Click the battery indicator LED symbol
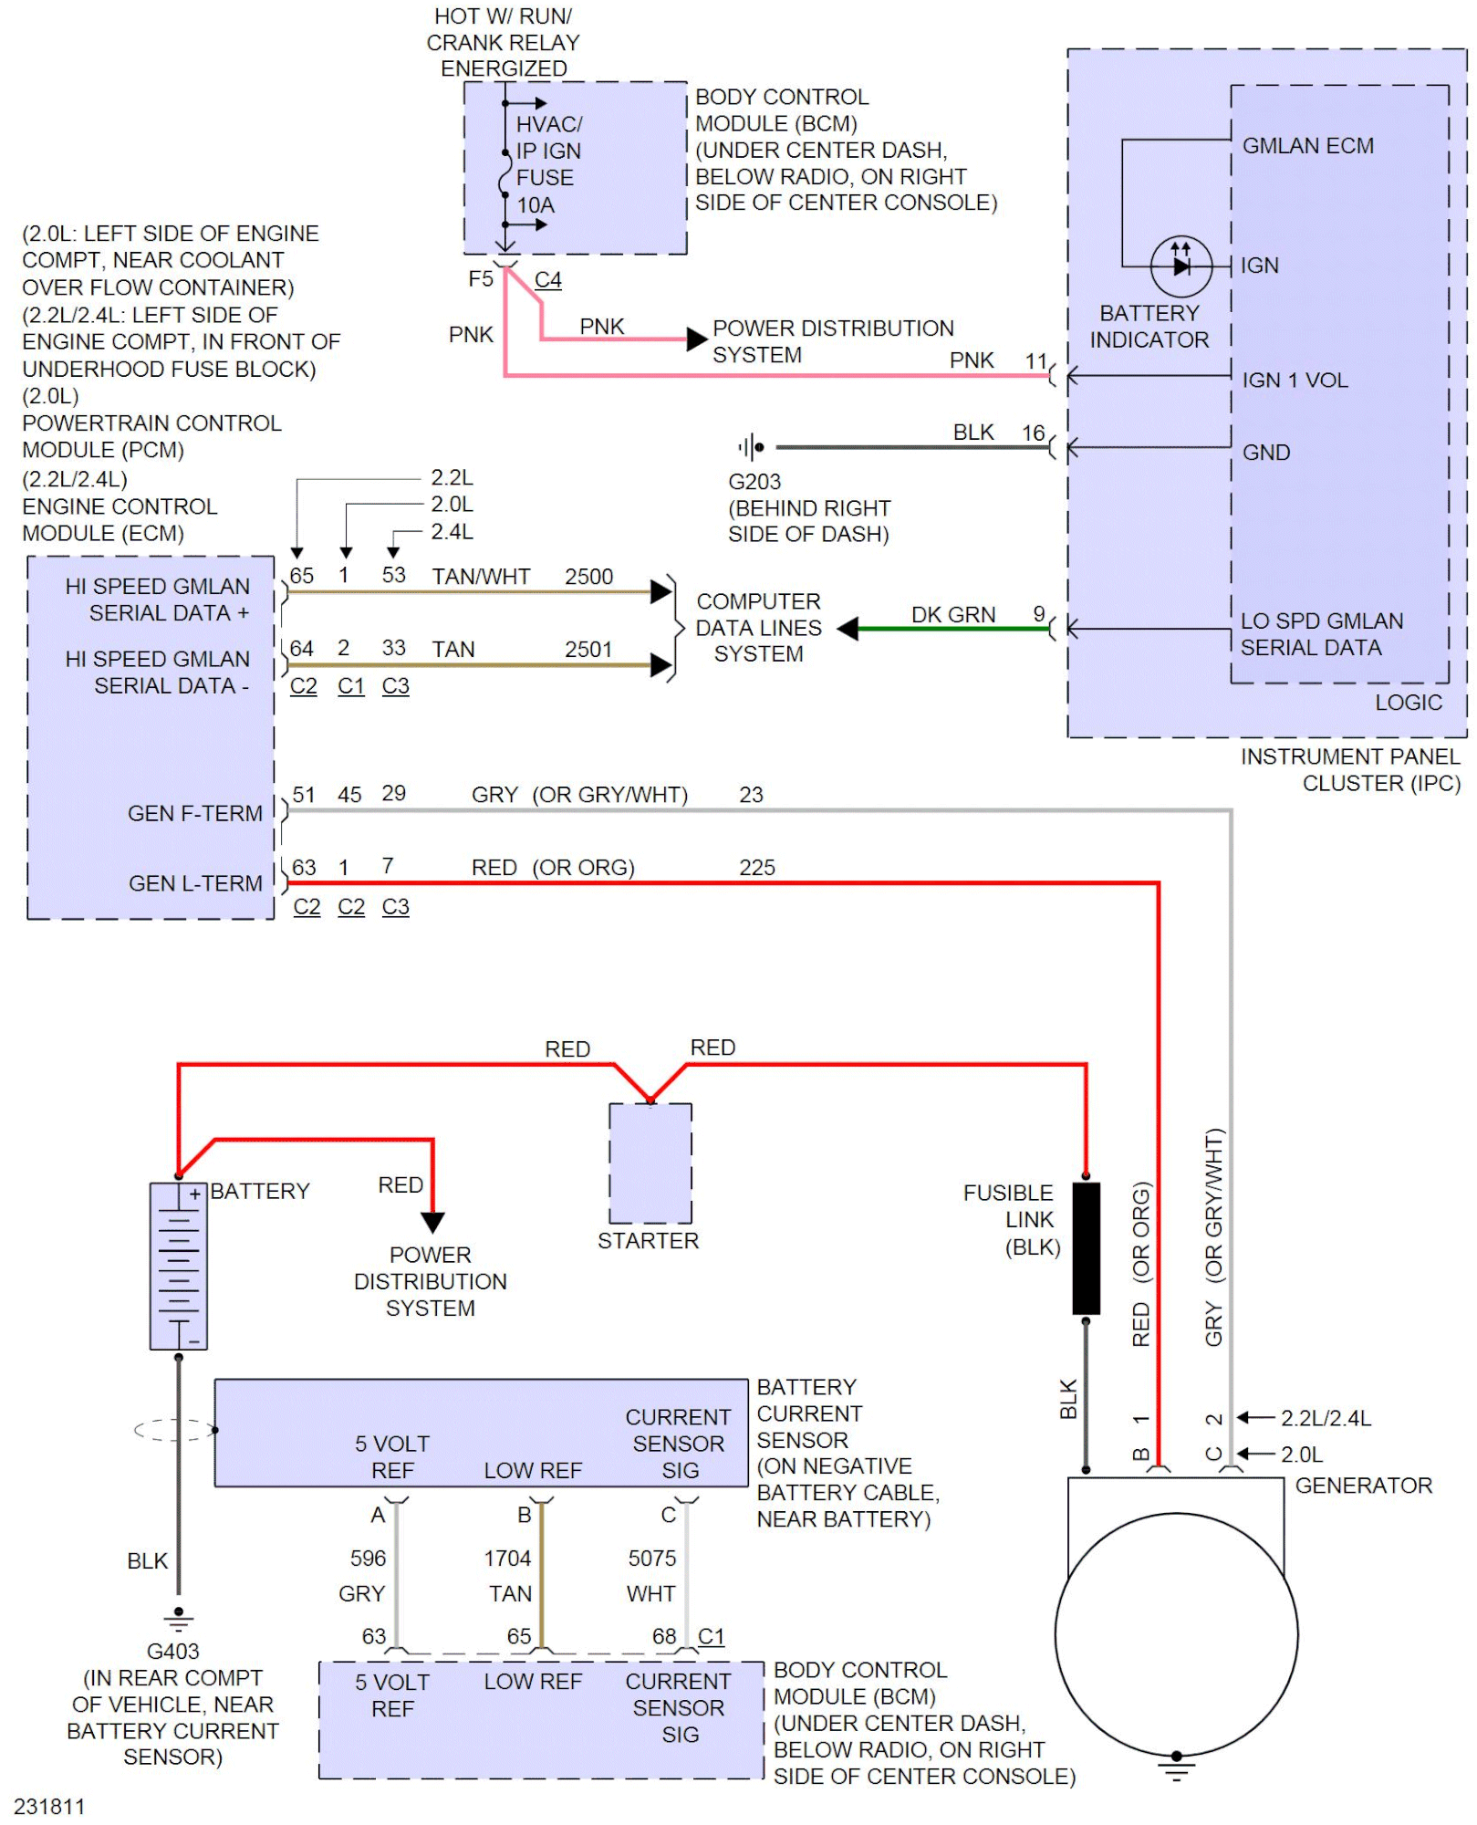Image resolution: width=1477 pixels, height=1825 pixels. point(1181,266)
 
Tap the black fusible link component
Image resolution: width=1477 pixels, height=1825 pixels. point(1086,1248)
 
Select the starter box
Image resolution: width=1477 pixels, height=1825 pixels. point(650,1163)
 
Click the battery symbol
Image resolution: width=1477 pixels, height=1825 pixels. point(179,1266)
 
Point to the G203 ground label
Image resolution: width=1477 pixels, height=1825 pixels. point(754,482)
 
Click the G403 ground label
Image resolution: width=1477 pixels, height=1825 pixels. point(172,1651)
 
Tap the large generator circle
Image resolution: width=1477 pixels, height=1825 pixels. point(1176,1634)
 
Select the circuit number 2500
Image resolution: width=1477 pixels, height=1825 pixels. point(588,577)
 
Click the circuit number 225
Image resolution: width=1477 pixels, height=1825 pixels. point(757,868)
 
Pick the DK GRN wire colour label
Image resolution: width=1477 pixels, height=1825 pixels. point(953,615)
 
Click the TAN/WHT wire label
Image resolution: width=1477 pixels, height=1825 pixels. point(481,577)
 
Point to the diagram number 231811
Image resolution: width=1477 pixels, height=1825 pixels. point(49,1807)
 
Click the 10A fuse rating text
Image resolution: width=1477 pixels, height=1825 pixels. point(536,205)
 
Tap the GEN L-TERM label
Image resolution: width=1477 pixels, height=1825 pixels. point(195,883)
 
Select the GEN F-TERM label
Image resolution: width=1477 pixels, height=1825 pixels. point(195,813)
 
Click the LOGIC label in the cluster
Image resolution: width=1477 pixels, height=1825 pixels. point(1409,703)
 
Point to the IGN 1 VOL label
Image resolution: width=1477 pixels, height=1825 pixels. point(1295,381)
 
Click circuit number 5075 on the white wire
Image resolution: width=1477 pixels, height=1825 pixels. point(652,1559)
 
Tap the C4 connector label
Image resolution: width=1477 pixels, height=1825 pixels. point(547,280)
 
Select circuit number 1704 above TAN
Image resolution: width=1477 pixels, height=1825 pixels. point(507,1559)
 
